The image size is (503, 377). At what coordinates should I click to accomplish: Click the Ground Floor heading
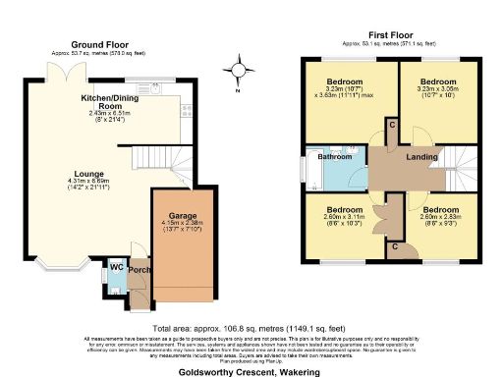point(101,44)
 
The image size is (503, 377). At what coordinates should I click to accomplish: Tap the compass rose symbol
point(237,72)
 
